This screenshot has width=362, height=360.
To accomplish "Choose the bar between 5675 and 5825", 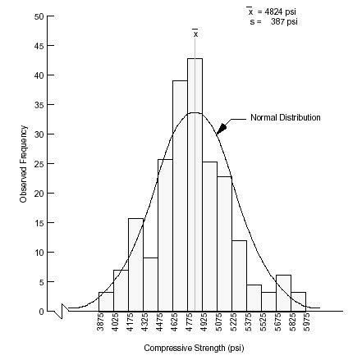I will tap(283, 293).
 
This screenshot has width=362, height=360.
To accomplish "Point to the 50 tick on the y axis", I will tap(39, 16).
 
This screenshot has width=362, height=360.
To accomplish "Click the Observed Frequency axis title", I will tap(24, 164).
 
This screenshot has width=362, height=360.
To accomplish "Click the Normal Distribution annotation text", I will tap(285, 118).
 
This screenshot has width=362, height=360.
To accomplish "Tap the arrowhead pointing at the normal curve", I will tap(221, 127).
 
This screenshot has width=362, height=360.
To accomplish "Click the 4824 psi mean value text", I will tap(278, 11).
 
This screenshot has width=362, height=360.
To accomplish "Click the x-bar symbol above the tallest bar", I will tap(195, 34).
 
